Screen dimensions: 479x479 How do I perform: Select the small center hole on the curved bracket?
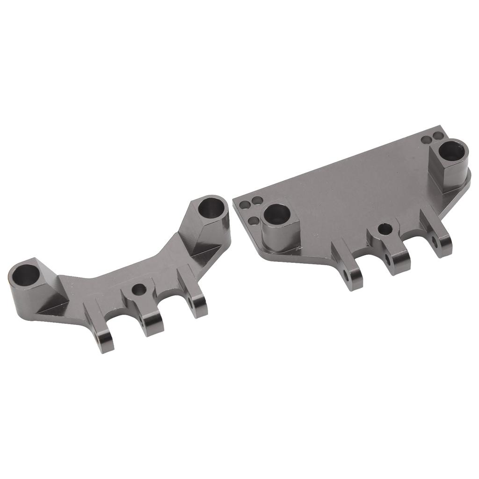point(138,290)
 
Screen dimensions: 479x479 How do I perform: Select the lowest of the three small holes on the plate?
point(253,220)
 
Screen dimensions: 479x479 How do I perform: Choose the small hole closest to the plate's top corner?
point(438,136)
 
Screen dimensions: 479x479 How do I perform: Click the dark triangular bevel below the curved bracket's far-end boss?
point(47,306)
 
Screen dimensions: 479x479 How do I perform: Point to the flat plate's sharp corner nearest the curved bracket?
point(234,202)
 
